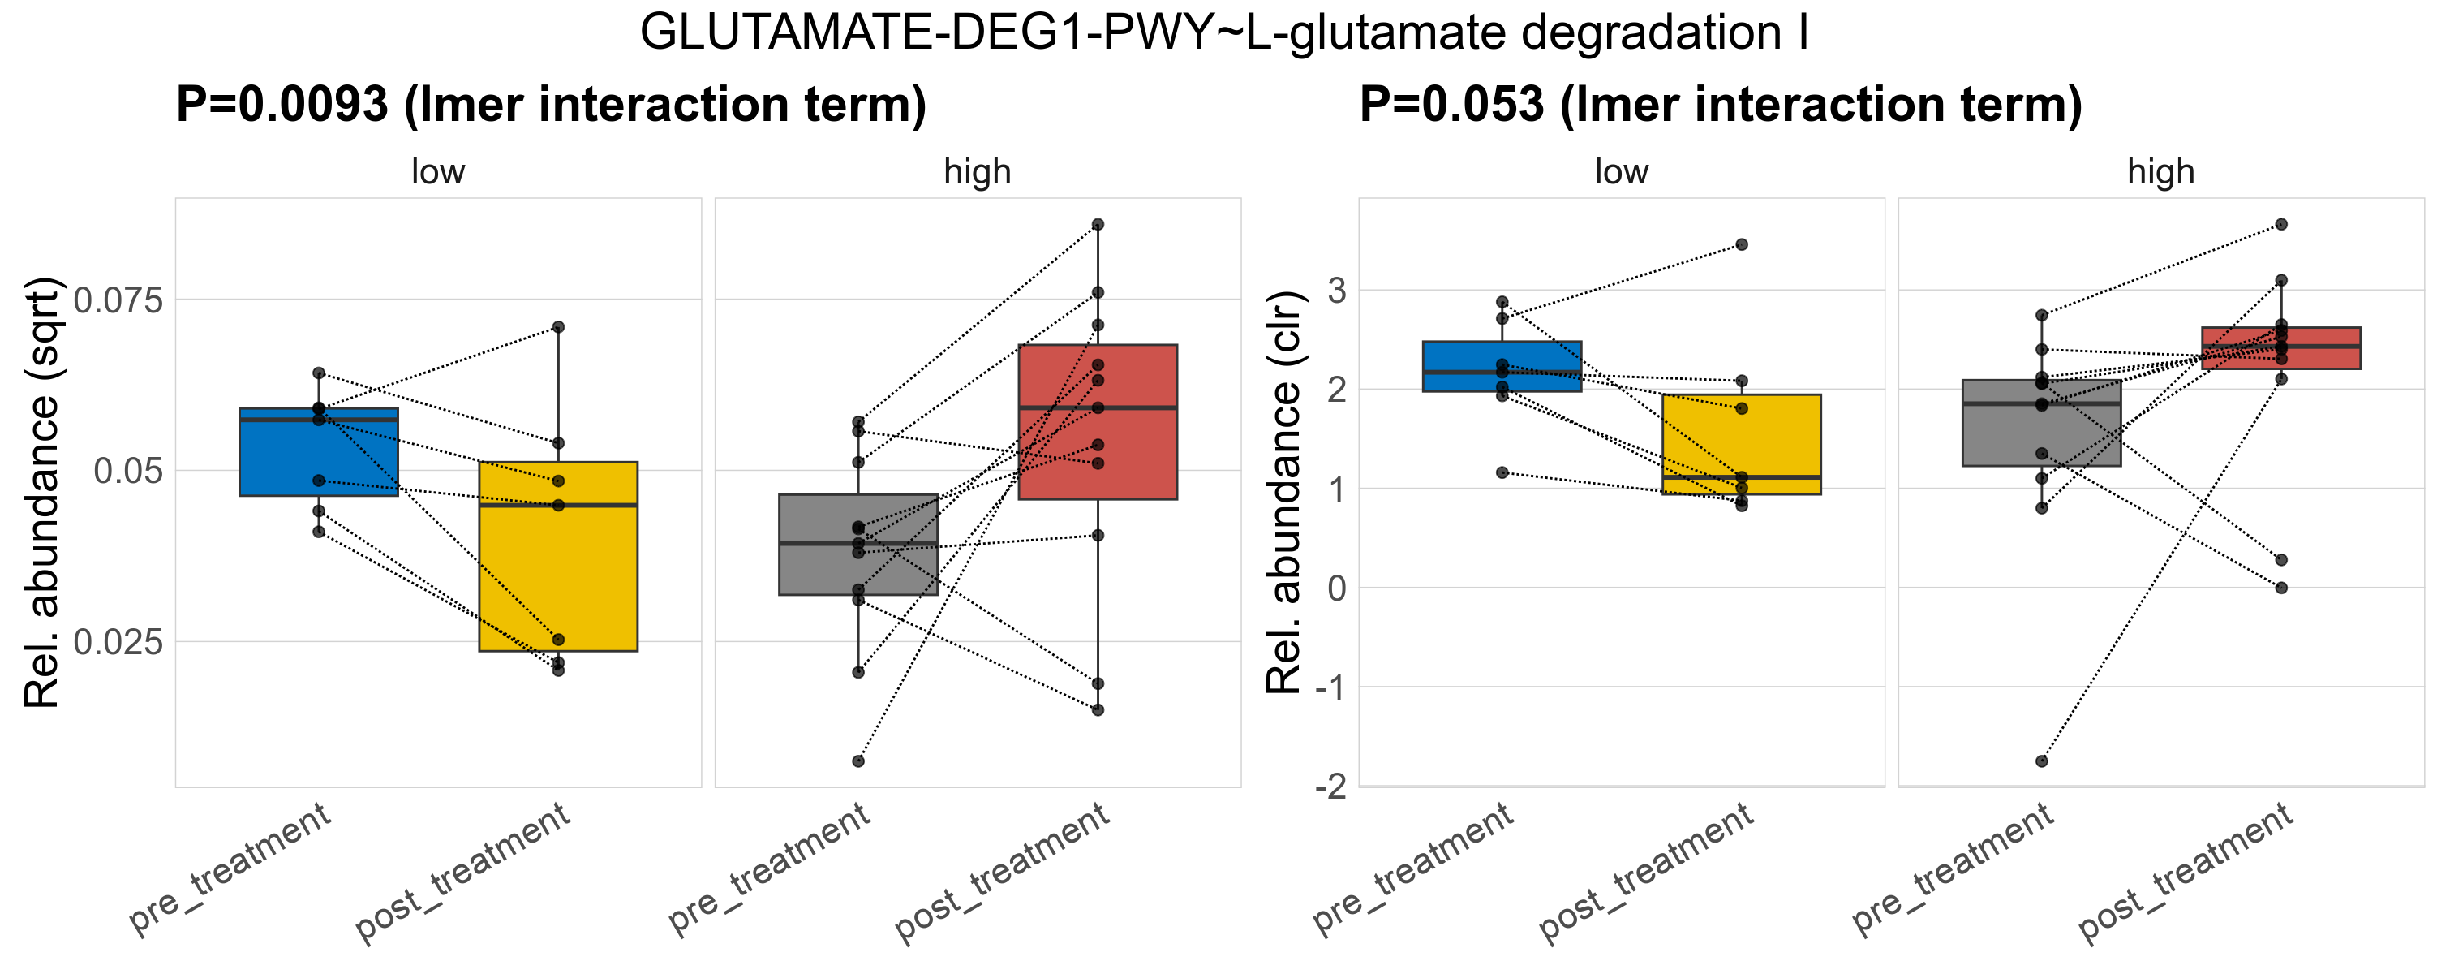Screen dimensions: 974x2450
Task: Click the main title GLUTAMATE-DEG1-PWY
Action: pos(1224,33)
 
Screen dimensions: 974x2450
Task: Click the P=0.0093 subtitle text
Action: pos(551,104)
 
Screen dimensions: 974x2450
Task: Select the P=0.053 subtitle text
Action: pos(1720,104)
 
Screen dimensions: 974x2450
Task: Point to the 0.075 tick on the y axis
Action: pos(119,300)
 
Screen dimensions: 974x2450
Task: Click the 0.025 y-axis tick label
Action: pos(119,642)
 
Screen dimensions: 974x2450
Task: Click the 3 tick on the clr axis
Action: pos(1337,290)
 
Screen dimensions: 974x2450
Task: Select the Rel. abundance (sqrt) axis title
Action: pos(42,493)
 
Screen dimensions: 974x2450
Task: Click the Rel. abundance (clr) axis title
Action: pos(1284,493)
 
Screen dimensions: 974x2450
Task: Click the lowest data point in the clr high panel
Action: pos(2041,761)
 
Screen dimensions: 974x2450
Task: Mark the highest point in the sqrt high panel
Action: pos(1098,225)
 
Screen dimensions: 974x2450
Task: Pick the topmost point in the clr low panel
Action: pos(1742,244)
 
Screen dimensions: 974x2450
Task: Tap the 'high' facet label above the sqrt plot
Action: pos(977,172)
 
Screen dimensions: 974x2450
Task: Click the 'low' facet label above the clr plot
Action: pos(1621,172)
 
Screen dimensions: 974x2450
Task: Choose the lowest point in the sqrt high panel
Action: pos(857,761)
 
